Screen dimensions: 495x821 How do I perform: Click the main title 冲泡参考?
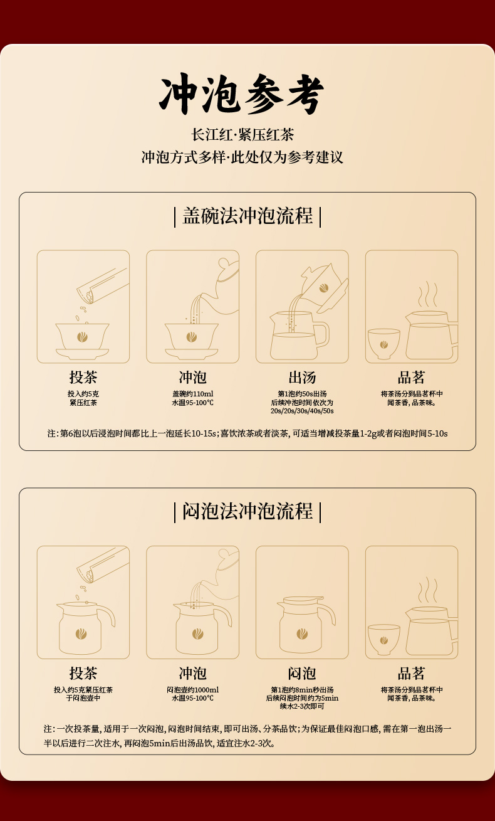point(241,94)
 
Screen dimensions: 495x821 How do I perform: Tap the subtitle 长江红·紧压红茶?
point(242,135)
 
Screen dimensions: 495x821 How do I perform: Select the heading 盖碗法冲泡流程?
point(247,216)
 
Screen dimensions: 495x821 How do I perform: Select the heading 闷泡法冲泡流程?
point(247,511)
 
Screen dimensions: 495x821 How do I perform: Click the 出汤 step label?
point(302,377)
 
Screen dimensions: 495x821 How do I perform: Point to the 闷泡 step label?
point(302,673)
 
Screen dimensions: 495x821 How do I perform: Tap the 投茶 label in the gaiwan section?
point(83,377)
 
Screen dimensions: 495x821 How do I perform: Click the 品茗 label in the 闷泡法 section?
point(411,673)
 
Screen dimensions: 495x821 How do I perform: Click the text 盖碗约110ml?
point(192,394)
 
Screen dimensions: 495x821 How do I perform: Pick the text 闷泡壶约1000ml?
point(192,690)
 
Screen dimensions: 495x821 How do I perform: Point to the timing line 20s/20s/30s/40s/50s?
point(302,411)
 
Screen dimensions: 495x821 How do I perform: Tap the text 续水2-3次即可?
point(302,706)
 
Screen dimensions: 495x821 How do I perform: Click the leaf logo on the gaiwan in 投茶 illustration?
point(82,337)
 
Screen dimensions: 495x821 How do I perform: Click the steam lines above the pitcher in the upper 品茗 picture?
point(427,294)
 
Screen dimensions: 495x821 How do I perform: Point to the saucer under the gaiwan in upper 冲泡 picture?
point(192,353)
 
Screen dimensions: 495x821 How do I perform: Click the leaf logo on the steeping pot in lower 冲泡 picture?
point(198,633)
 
